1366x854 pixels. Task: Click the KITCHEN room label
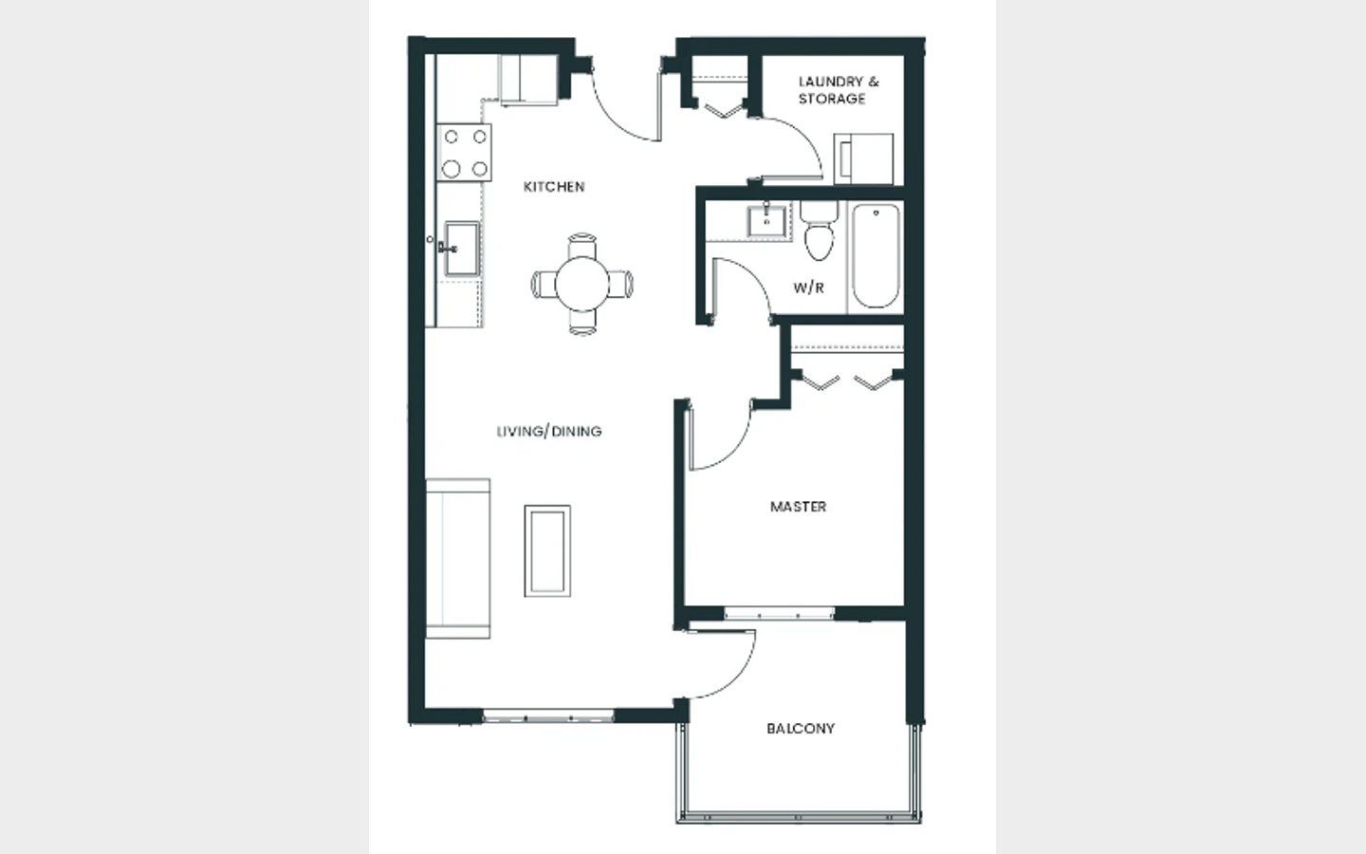pyautogui.click(x=554, y=187)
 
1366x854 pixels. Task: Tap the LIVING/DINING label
pyautogui.click(x=549, y=431)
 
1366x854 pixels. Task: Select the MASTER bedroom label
pyautogui.click(x=799, y=507)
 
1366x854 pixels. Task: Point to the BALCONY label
pyautogui.click(x=801, y=729)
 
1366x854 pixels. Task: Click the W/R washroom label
pyautogui.click(x=808, y=288)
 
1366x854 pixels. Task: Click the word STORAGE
pyautogui.click(x=832, y=99)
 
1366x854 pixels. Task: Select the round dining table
pyautogui.click(x=581, y=285)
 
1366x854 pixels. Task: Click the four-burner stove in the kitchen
pyautogui.click(x=464, y=153)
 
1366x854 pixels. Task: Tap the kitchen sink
pyautogui.click(x=462, y=249)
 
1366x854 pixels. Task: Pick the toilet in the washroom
pyautogui.click(x=819, y=231)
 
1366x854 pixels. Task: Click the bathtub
pyautogui.click(x=876, y=256)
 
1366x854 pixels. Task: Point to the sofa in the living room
pyautogui.click(x=458, y=559)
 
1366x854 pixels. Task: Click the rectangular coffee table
pyautogui.click(x=547, y=550)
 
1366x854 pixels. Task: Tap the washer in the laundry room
pyautogui.click(x=863, y=158)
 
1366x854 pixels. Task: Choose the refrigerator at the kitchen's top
pyautogui.click(x=528, y=80)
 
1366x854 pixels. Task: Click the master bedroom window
pyautogui.click(x=779, y=613)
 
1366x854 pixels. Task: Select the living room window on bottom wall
pyautogui.click(x=548, y=716)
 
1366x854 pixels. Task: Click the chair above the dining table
pyautogui.click(x=581, y=246)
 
